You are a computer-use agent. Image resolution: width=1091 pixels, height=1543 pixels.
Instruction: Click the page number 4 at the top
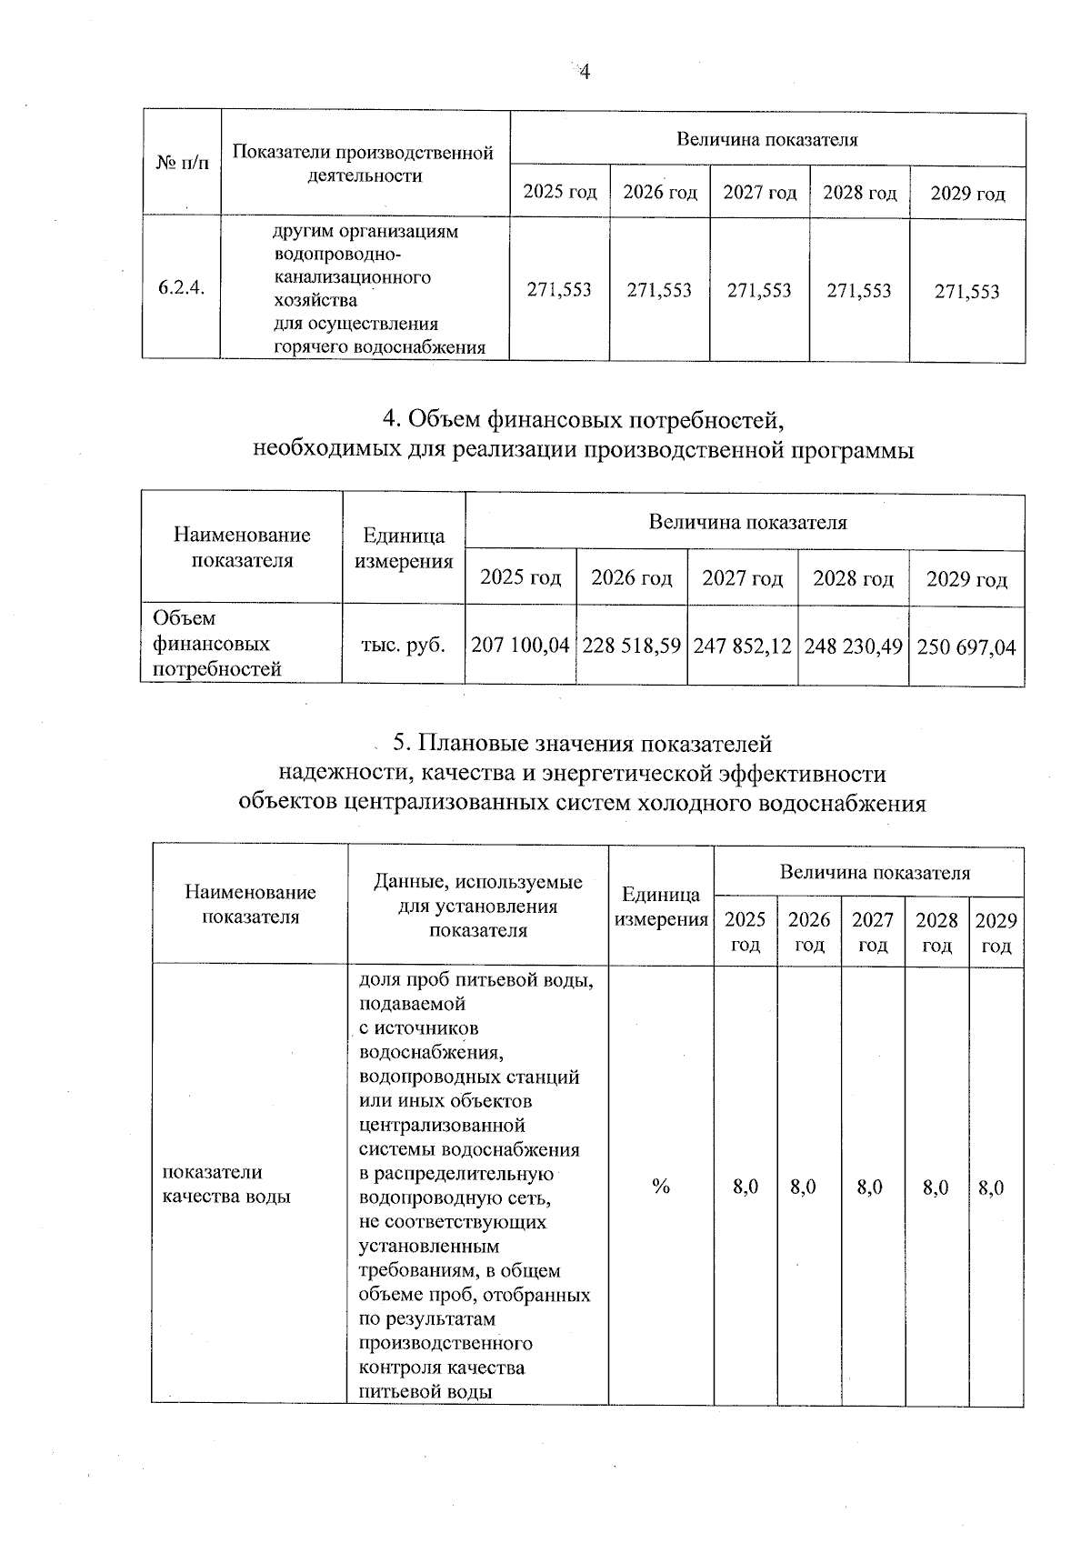click(586, 72)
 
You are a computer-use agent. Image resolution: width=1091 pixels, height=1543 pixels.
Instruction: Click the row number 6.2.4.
click(181, 288)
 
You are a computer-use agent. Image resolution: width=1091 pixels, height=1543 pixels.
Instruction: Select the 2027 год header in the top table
click(759, 193)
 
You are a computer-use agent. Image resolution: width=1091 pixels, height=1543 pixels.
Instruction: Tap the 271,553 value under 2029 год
click(966, 291)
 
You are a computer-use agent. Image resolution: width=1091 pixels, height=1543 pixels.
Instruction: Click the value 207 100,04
click(521, 646)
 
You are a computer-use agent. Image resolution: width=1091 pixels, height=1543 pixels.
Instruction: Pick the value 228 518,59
click(632, 646)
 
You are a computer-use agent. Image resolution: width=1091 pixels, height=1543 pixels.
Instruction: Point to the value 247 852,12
click(743, 646)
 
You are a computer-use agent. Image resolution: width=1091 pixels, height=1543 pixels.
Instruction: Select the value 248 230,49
click(853, 646)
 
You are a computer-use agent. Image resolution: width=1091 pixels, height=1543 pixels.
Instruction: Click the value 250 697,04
click(966, 647)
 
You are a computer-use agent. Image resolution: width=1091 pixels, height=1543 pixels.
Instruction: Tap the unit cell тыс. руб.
click(404, 645)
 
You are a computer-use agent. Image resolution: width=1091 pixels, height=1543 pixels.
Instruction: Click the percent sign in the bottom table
click(661, 1187)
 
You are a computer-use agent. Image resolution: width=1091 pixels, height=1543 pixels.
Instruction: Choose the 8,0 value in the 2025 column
click(746, 1187)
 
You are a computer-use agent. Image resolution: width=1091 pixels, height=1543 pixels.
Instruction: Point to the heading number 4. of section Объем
click(392, 419)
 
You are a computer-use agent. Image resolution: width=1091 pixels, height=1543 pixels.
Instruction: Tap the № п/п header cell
click(182, 163)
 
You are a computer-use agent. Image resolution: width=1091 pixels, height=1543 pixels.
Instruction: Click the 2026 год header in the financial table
click(632, 577)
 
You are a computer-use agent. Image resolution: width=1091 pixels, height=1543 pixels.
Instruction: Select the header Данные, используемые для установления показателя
click(478, 906)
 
